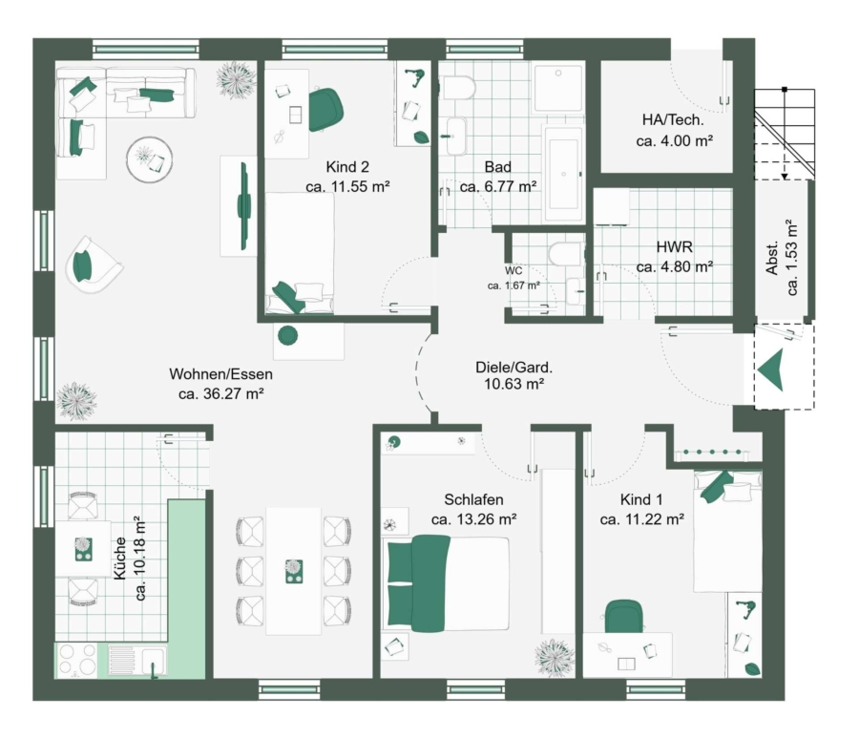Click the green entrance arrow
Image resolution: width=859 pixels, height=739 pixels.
pos(772,370)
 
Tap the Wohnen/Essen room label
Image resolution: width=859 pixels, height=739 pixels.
pos(220,374)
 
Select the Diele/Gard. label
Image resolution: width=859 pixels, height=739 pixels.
pos(513,367)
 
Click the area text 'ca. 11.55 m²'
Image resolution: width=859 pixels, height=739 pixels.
pos(347,186)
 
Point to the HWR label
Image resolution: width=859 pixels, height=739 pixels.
pos(675,246)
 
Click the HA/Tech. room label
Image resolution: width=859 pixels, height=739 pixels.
pos(673,119)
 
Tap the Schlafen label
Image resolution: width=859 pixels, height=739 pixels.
pos(473,499)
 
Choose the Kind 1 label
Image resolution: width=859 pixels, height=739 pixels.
pos(641,499)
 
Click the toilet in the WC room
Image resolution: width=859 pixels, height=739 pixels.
pos(565,253)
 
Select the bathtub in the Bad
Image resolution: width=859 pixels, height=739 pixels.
pos(563,173)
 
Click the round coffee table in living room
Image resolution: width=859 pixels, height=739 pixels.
pos(149,159)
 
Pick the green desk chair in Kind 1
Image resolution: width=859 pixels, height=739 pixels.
pos(623,616)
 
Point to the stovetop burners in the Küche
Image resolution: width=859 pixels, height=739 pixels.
pos(76,660)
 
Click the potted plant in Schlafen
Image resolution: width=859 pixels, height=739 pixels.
pos(555,658)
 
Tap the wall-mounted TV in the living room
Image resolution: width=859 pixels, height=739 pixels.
pos(243,205)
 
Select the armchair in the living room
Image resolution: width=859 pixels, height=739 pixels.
pos(93,264)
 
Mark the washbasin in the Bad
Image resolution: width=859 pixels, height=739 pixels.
pos(456,136)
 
